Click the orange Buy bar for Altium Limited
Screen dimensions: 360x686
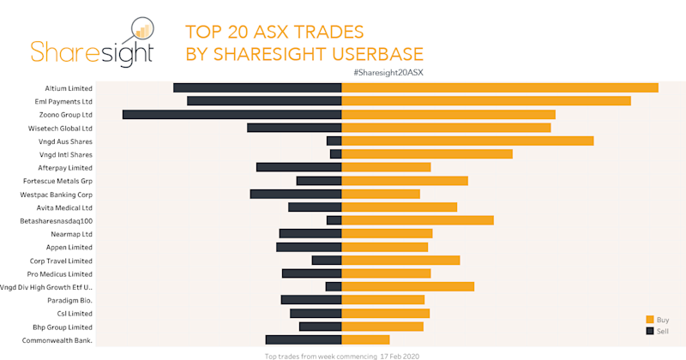pyautogui.click(x=500, y=87)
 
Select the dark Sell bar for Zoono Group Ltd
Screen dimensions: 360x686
pyautogui.click(x=232, y=114)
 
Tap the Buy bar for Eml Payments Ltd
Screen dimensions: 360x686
pyautogui.click(x=486, y=101)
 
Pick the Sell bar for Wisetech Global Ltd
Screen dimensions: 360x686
pyautogui.click(x=294, y=128)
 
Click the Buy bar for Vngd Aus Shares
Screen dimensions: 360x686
pyautogui.click(x=467, y=141)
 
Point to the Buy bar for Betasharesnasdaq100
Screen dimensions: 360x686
pyautogui.click(x=418, y=220)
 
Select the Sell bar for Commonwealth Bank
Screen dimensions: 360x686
pyautogui.click(x=304, y=340)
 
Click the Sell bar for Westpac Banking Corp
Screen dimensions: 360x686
pyautogui.click(x=296, y=194)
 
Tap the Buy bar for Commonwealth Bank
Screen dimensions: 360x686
pyautogui.click(x=365, y=340)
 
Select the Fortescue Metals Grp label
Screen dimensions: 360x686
pyautogui.click(x=60, y=181)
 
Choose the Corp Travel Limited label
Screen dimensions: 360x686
pyautogui.click(x=61, y=261)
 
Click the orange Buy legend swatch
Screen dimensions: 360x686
pyautogui.click(x=650, y=319)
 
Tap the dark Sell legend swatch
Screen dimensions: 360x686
pyautogui.click(x=650, y=330)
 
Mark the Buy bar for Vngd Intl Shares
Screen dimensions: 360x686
pyautogui.click(x=427, y=154)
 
